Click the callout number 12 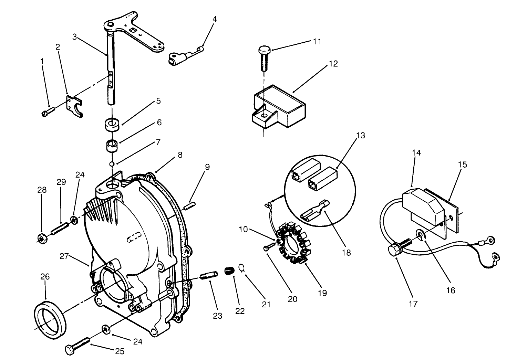pyautogui.click(x=333, y=64)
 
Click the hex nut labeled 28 pyautogui.click(x=41, y=237)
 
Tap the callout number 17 pyautogui.click(x=413, y=304)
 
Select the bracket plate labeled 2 pyautogui.click(x=75, y=107)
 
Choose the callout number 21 pyautogui.click(x=266, y=304)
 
